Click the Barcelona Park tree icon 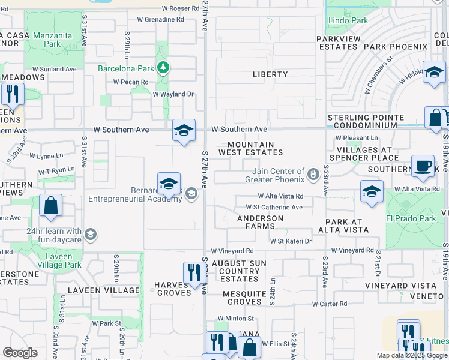162,67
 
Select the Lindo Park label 348,21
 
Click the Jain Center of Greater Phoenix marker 312,175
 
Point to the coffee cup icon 423,165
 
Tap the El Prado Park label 411,218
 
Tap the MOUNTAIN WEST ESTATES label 255,149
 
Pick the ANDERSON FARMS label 260,222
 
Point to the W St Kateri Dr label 291,241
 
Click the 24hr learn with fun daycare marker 91,234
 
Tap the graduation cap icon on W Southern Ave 184,130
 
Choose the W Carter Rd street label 326,304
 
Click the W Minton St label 236,318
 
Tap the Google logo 20,353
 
